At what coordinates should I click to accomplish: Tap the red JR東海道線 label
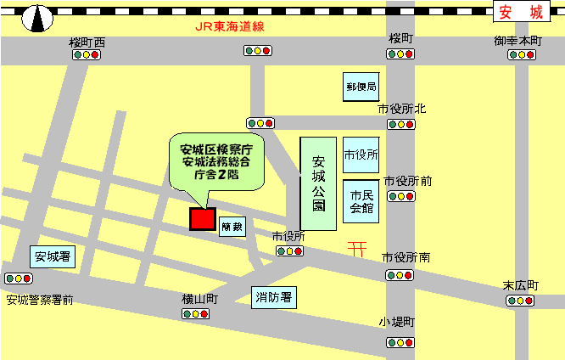tap(229, 26)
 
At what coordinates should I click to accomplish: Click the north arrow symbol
tap(35, 16)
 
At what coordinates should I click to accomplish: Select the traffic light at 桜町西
tap(87, 54)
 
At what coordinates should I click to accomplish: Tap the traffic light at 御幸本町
tap(522, 54)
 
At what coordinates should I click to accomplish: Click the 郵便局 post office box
tap(361, 87)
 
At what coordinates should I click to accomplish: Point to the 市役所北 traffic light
tap(401, 124)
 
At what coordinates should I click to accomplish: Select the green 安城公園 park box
tap(318, 183)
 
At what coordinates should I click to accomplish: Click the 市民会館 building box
tap(361, 201)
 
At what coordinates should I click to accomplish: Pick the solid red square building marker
tap(203, 219)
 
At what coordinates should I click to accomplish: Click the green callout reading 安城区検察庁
tap(216, 159)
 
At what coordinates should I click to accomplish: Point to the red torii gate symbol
tap(357, 248)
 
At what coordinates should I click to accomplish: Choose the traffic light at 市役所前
tap(401, 196)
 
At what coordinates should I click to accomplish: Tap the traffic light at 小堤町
tap(401, 342)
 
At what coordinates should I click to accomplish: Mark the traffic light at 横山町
tap(196, 314)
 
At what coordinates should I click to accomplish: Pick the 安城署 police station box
tap(53, 256)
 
